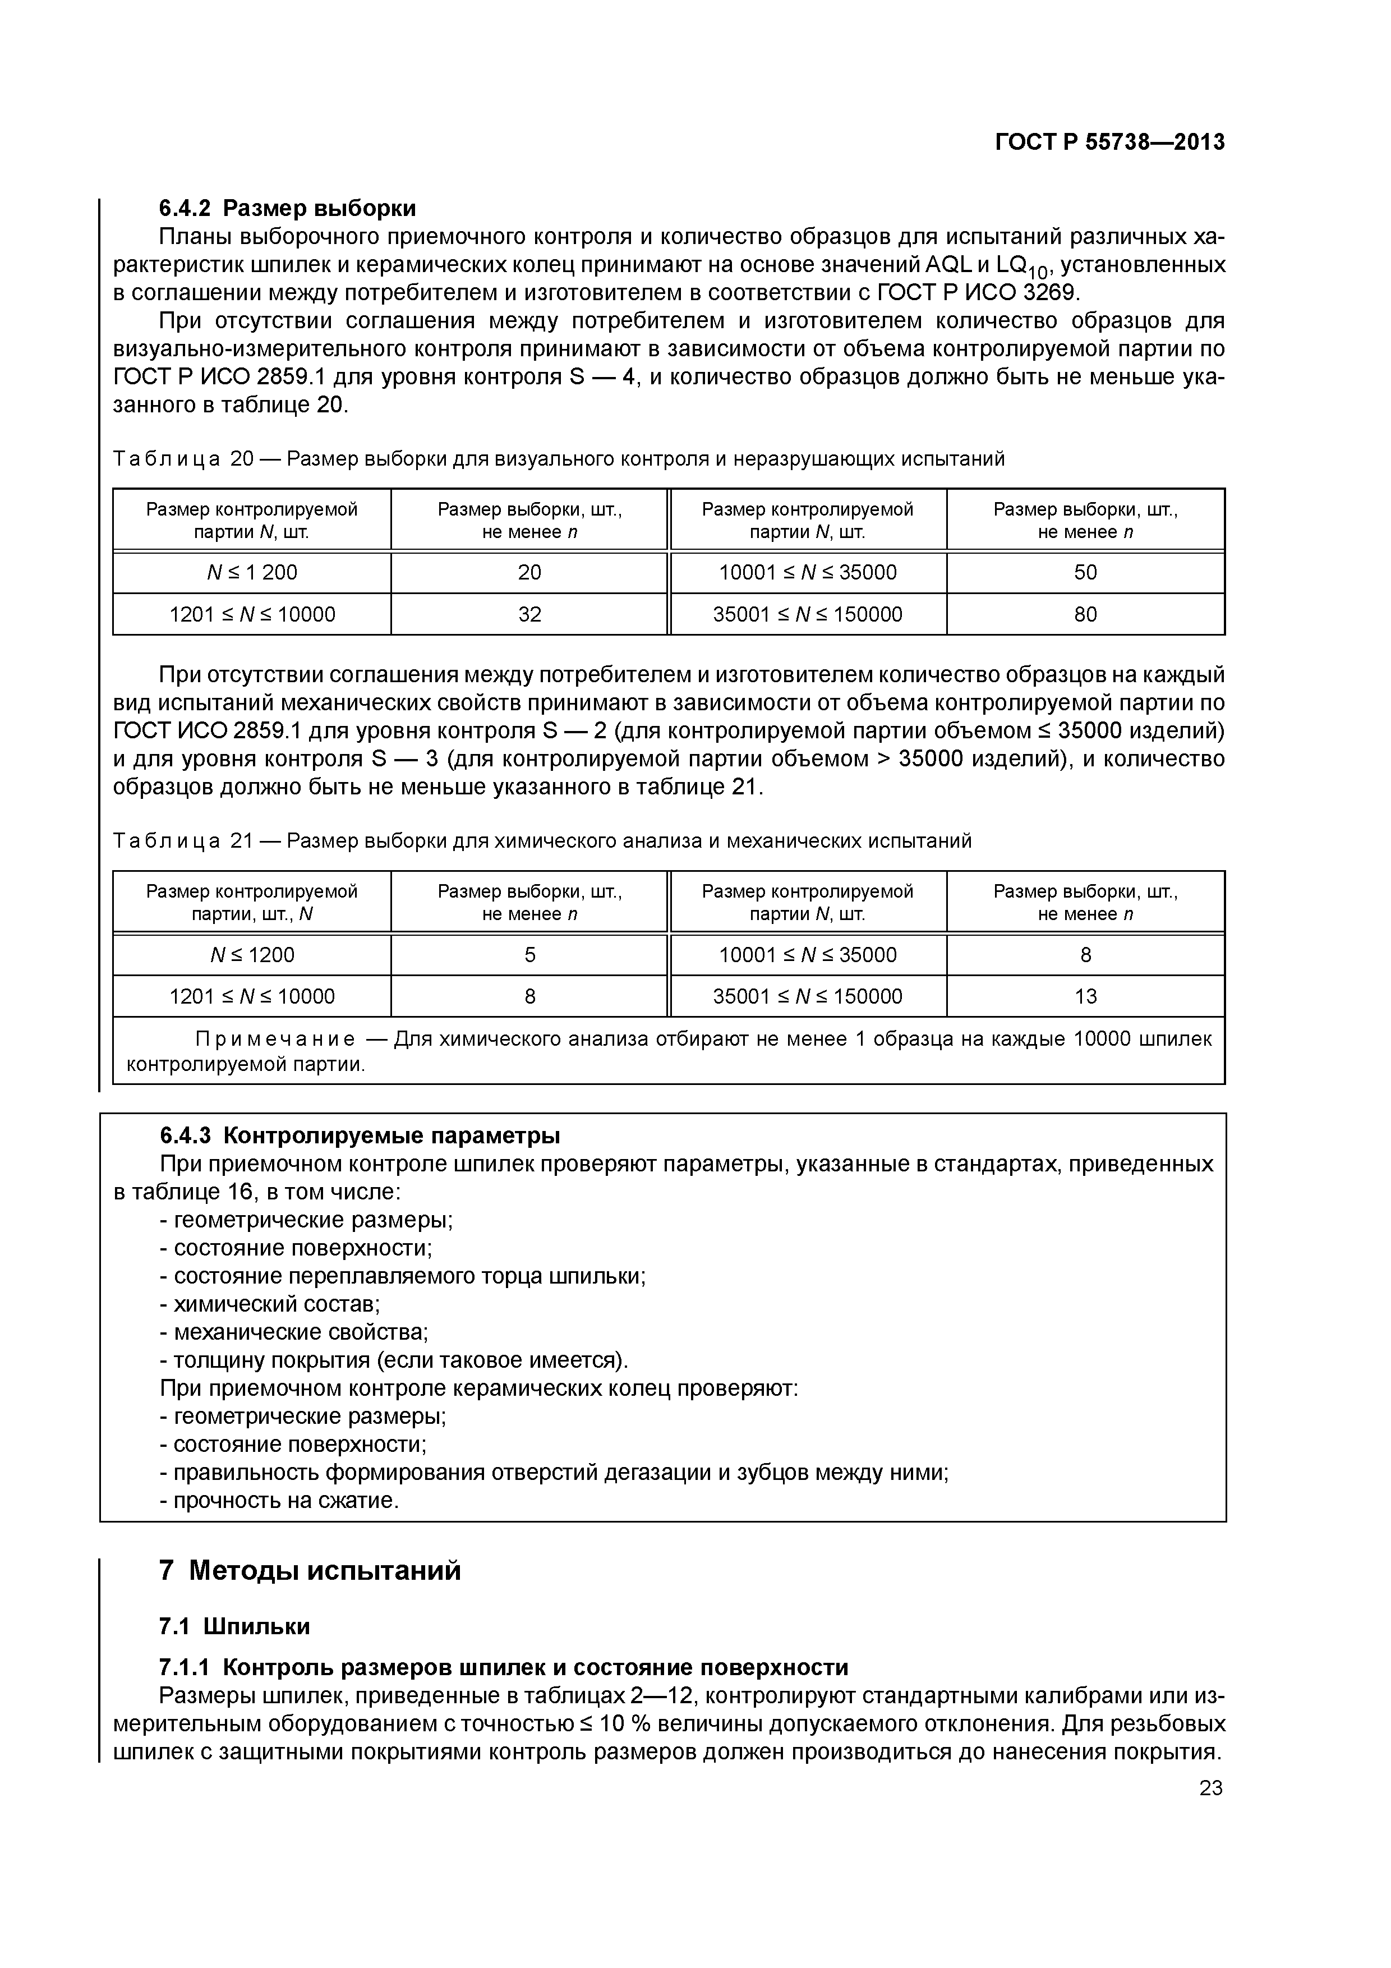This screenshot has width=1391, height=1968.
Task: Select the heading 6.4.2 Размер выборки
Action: [288, 208]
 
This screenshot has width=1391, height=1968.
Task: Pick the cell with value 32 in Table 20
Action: [529, 614]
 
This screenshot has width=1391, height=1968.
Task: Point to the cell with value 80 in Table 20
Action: [1085, 614]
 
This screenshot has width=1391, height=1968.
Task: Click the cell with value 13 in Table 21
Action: [1085, 996]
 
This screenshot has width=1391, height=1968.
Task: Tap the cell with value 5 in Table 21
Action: [529, 955]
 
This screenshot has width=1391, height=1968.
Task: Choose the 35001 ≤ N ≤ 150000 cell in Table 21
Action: [807, 996]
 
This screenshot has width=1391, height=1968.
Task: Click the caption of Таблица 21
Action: [542, 841]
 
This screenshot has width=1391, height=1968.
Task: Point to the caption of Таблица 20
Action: [558, 459]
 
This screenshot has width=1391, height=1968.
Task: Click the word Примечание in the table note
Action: [274, 1040]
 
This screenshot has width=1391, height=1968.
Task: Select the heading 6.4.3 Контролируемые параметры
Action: [360, 1135]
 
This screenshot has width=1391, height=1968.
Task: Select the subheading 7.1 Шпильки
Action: [235, 1627]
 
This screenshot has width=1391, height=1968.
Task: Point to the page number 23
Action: [1211, 1788]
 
